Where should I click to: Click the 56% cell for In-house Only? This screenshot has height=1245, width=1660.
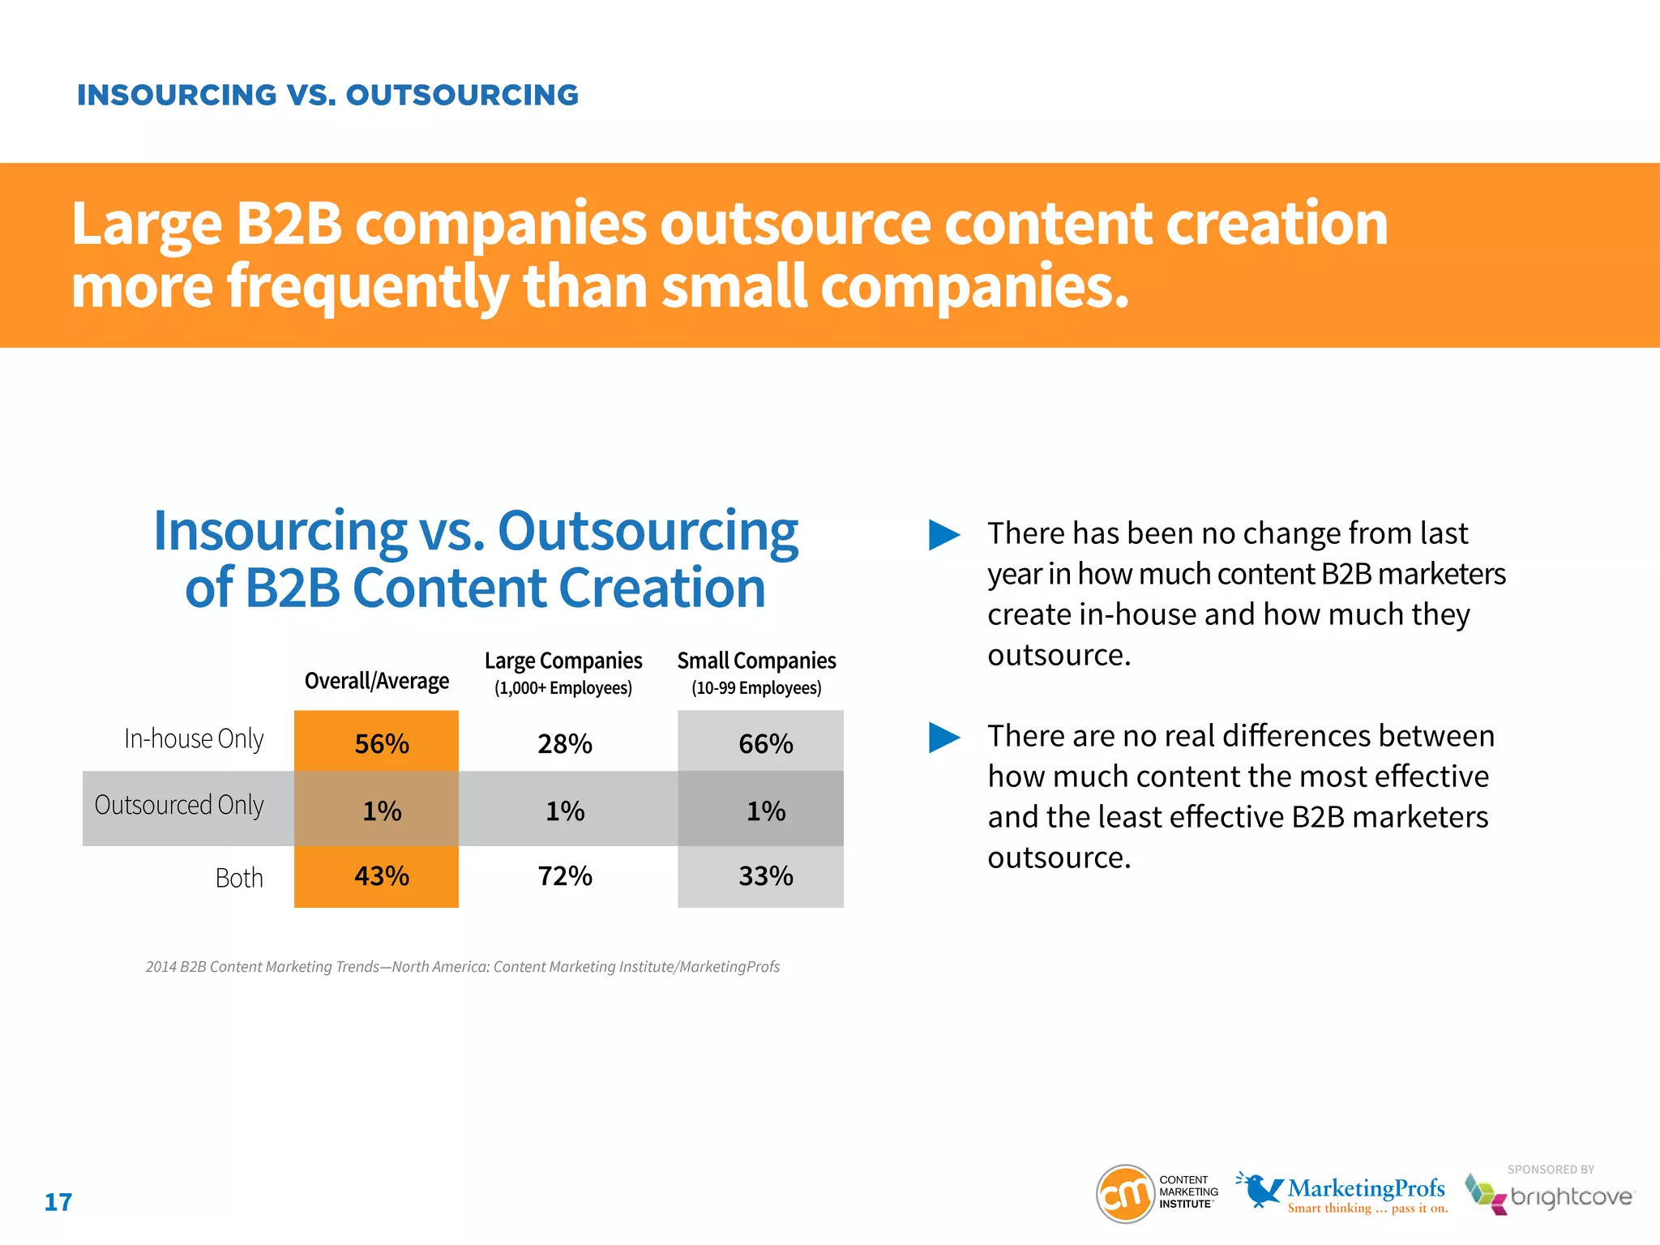click(381, 743)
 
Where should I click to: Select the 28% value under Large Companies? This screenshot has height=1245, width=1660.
click(565, 743)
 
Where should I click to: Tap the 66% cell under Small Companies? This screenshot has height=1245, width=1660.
click(765, 743)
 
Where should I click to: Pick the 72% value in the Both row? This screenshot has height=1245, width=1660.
click(565, 876)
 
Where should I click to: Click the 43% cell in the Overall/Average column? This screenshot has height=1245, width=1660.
click(381, 876)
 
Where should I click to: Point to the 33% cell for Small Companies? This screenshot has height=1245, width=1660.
click(765, 876)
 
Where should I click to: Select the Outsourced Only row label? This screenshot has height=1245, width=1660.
click(179, 805)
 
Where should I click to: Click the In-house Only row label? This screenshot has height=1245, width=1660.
click(194, 738)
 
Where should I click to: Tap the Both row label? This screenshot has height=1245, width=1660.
click(239, 878)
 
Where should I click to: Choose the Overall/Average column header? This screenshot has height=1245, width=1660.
click(376, 681)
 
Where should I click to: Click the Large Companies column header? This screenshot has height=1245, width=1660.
click(563, 661)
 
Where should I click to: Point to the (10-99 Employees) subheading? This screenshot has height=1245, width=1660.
click(756, 688)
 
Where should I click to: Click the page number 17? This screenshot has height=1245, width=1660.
click(58, 1202)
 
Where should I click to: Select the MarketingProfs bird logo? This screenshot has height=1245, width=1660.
click(1259, 1189)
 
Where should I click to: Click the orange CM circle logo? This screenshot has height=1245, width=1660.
click(1125, 1194)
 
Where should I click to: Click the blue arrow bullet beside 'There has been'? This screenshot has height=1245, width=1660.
click(943, 535)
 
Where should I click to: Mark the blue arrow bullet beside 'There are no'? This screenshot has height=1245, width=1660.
click(943, 738)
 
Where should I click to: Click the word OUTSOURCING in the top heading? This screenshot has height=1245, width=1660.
click(462, 96)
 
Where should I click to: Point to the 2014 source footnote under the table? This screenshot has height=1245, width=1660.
click(462, 966)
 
